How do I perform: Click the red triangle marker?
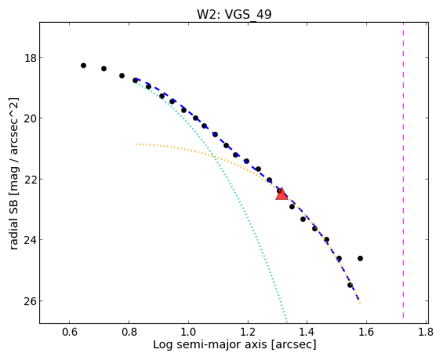click(x=281, y=194)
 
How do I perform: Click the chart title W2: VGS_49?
click(x=234, y=14)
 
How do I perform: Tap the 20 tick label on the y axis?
click(x=31, y=118)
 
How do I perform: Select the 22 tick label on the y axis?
click(x=31, y=179)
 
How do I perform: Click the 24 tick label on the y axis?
click(x=31, y=240)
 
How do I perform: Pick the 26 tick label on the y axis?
click(x=31, y=301)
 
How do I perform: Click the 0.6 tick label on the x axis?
click(x=70, y=332)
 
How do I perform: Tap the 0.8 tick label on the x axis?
click(x=129, y=332)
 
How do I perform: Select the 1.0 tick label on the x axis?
click(x=188, y=332)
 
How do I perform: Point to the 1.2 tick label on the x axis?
click(x=248, y=332)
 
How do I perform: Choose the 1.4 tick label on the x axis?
click(x=307, y=332)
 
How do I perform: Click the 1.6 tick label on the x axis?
click(x=366, y=332)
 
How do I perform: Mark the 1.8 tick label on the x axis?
click(x=426, y=332)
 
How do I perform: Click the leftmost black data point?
click(x=83, y=66)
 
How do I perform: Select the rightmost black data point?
click(x=360, y=258)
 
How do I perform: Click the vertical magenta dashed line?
click(x=403, y=170)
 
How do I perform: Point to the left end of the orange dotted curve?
click(x=136, y=144)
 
